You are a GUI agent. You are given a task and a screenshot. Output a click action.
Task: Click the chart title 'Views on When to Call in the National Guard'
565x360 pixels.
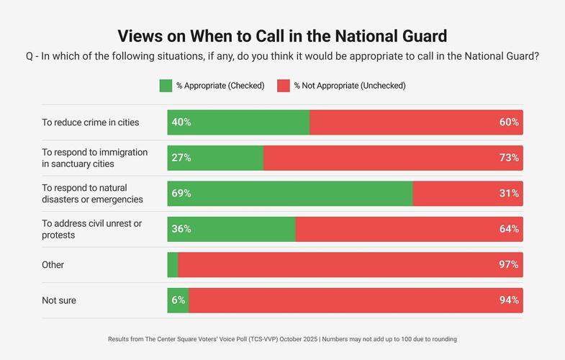[x=282, y=36]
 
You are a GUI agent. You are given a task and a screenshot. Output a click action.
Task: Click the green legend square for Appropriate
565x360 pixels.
[x=166, y=86]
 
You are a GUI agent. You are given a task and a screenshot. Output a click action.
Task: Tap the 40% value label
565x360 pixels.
[x=181, y=122]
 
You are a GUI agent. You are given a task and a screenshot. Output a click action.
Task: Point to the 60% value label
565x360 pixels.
[x=509, y=122]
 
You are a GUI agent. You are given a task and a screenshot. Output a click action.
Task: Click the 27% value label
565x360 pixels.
[x=181, y=158]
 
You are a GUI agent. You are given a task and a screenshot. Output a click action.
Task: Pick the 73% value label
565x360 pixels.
[x=509, y=158]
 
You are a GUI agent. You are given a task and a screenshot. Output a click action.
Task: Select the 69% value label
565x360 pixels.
[x=181, y=194]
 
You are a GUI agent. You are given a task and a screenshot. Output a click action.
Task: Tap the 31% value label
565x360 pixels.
[x=509, y=194]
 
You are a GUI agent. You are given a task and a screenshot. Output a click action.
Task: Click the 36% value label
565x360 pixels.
[x=181, y=229]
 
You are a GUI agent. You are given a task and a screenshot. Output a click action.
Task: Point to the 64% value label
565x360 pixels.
[x=509, y=229]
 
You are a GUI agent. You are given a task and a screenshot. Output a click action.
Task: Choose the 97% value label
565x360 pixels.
[x=509, y=265]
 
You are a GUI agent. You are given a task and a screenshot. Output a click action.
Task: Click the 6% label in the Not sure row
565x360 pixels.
[x=178, y=300]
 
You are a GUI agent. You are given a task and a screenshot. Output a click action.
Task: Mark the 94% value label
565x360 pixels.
[x=509, y=300]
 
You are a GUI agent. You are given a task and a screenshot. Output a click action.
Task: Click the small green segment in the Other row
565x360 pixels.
[x=173, y=265]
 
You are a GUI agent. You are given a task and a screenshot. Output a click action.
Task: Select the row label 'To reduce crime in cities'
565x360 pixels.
[x=91, y=122]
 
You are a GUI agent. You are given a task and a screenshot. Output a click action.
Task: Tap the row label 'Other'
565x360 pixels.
[x=53, y=265]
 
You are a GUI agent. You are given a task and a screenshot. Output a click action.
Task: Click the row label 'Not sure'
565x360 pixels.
[x=59, y=300]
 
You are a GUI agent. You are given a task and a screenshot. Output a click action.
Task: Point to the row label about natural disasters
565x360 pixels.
[x=92, y=194]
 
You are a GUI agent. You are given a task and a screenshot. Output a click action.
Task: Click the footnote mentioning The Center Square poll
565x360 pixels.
[x=282, y=339]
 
